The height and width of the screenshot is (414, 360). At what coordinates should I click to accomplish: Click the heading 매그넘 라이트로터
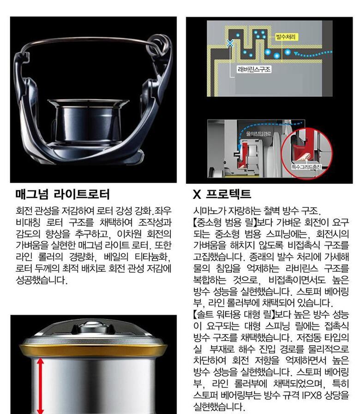point(62,194)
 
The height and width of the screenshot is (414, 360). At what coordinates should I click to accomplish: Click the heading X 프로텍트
point(222,194)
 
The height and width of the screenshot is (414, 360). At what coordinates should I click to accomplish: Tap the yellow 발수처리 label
point(286,37)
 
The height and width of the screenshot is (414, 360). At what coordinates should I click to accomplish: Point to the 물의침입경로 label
point(258,133)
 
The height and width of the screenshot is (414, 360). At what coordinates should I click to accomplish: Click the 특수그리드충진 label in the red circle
point(306,167)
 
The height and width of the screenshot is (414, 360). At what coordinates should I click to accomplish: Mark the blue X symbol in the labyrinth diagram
point(230,43)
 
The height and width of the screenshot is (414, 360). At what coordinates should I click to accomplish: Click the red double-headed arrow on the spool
point(40,385)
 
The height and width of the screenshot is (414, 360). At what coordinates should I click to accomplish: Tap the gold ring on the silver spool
point(93,350)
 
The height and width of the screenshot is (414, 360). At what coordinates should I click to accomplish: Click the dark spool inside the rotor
point(88,121)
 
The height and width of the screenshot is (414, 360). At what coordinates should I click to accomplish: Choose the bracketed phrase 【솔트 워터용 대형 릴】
point(234,314)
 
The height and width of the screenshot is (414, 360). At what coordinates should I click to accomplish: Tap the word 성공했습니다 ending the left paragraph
point(42,280)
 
